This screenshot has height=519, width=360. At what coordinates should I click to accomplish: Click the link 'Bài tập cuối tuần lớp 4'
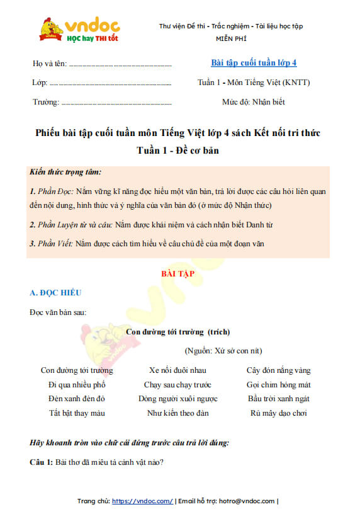coord(253,62)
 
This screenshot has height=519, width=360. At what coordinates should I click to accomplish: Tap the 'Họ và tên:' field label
coord(48,64)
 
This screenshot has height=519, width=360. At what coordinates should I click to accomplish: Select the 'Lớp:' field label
coord(39,83)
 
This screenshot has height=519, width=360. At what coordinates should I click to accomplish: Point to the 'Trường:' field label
coord(45,102)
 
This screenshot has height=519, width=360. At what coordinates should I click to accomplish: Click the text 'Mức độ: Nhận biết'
coord(254,101)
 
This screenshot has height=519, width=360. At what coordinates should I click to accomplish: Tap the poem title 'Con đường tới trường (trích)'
coord(178,331)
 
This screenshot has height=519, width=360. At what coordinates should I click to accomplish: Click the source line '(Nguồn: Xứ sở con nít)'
coord(223,350)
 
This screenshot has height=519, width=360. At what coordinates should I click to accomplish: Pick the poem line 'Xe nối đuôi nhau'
coord(177,370)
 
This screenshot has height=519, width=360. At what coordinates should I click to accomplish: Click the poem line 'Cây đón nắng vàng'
coord(278,370)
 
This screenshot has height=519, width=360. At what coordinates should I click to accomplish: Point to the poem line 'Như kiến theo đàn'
coord(177,413)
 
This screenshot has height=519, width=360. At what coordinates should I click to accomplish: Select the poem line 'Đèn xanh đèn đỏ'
coord(77,399)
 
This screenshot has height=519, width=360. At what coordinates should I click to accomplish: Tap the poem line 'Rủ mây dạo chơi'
coord(278,413)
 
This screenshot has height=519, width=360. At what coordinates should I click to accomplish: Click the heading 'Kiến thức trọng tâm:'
coord(65,172)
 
